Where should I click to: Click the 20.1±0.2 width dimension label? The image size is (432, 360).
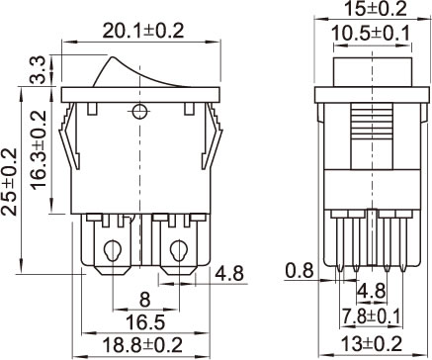pyautogui.click(x=142, y=32)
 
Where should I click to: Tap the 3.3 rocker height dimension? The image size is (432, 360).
pyautogui.click(x=38, y=70)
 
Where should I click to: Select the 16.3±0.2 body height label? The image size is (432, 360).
pyautogui.click(x=39, y=150)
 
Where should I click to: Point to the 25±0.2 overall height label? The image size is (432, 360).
pyautogui.click(x=9, y=182)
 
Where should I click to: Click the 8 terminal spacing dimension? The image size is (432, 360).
pyautogui.click(x=145, y=300)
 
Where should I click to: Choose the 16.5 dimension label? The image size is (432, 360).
pyautogui.click(x=145, y=322)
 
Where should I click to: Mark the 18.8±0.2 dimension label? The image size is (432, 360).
pyautogui.click(x=142, y=345)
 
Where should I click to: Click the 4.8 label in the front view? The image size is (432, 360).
pyautogui.click(x=229, y=274)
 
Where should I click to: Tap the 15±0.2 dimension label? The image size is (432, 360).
pyautogui.click(x=376, y=9)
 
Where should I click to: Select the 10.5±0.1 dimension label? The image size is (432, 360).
pyautogui.click(x=371, y=34)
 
